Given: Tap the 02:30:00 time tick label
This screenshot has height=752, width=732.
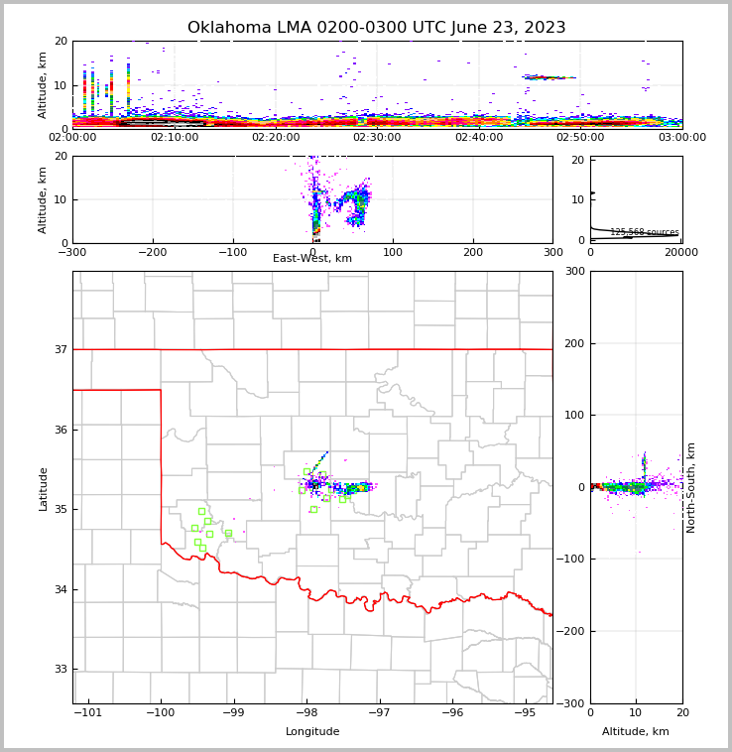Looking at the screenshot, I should pyautogui.click(x=377, y=137).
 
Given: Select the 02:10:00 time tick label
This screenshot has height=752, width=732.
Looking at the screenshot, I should pyautogui.click(x=175, y=137).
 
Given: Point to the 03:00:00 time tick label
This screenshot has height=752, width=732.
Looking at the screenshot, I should pyautogui.click(x=680, y=137).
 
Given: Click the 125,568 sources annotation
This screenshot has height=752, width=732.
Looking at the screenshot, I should pyautogui.click(x=644, y=232).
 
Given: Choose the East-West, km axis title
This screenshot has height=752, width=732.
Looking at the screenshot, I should pyautogui.click(x=312, y=259).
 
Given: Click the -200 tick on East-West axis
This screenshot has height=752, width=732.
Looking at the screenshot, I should pyautogui.click(x=152, y=253).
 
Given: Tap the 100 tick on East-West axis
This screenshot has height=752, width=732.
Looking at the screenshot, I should pyautogui.click(x=393, y=253).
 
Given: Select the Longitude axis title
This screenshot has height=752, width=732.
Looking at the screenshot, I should pyautogui.click(x=312, y=732).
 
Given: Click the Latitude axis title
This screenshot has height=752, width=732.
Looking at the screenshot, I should pyautogui.click(x=44, y=488).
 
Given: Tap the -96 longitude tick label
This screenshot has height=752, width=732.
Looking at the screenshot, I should pyautogui.click(x=452, y=713).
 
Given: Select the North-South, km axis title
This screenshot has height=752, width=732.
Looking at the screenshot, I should pyautogui.click(x=691, y=487).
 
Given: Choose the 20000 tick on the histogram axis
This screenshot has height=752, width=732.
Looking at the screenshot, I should pyautogui.click(x=680, y=253).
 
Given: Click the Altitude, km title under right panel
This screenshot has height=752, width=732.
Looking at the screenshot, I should pyautogui.click(x=636, y=732).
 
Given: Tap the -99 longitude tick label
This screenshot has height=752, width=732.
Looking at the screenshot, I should pyautogui.click(x=233, y=713).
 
